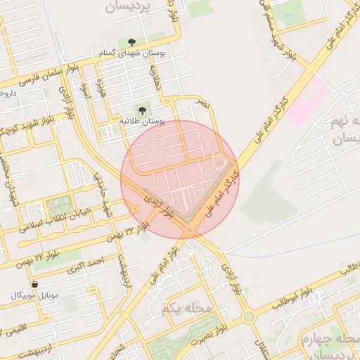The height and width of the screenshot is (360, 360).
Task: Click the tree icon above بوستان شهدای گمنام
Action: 131,43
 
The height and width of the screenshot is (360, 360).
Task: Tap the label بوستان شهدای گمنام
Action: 131,54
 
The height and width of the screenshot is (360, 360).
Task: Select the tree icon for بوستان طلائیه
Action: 143,110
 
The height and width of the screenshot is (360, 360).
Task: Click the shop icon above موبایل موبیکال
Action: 34,284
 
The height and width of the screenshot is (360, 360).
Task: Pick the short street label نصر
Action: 202,103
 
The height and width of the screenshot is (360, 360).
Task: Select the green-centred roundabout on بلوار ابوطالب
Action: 248,316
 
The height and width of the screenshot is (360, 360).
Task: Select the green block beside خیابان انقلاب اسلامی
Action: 54,208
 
